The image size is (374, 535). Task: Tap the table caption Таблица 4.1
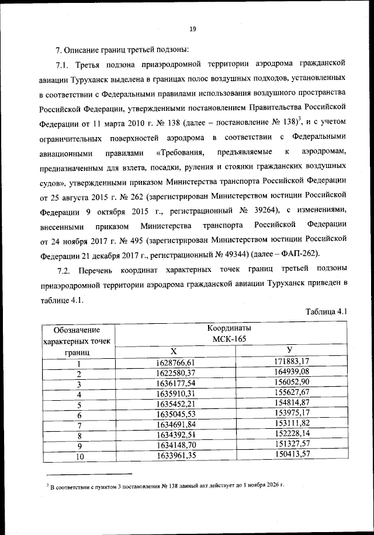coord(327,312)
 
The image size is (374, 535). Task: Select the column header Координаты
coord(231,328)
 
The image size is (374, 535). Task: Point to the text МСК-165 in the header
coord(231,339)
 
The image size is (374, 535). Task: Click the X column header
coord(174,351)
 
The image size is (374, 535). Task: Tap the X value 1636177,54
coord(174,383)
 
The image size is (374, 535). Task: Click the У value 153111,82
coord(290,425)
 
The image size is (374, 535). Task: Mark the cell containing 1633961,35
coord(174,456)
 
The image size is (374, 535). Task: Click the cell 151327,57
coord(290,446)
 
